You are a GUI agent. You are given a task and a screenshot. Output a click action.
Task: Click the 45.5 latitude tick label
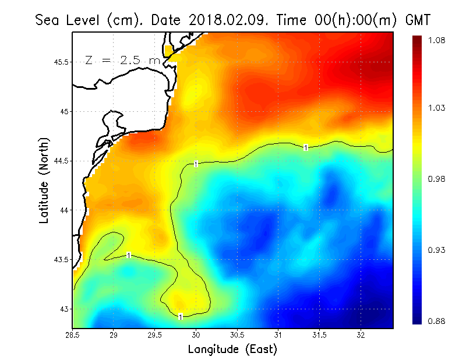tap(60, 62)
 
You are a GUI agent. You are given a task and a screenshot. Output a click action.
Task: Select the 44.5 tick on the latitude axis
tap(60, 161)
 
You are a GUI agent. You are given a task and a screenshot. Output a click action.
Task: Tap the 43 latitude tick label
tap(63, 309)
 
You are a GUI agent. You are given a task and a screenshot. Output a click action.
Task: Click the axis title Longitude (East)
tap(232, 349)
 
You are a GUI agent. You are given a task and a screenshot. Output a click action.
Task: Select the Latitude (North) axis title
tap(44, 181)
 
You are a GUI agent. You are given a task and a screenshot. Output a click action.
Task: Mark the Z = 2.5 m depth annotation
tap(122, 60)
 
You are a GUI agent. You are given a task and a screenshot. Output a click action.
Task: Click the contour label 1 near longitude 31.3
tap(306, 148)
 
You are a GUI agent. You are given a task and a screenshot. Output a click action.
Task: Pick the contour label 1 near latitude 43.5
tap(128, 255)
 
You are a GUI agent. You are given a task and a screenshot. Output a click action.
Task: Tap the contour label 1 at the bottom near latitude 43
tap(181, 317)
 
